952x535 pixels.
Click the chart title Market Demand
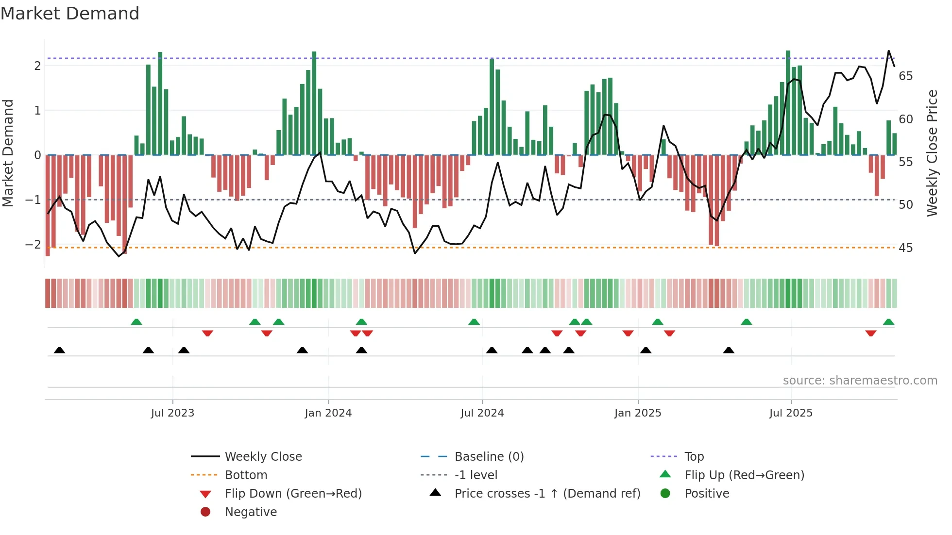pyautogui.click(x=70, y=14)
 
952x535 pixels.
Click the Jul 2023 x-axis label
pyautogui.click(x=172, y=413)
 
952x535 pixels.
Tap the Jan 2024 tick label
pyautogui.click(x=328, y=413)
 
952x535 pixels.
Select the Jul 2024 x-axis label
pyautogui.click(x=482, y=413)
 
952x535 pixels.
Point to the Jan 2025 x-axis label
pyautogui.click(x=637, y=413)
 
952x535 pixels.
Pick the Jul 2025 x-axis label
pyautogui.click(x=791, y=413)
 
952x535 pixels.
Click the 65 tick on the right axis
pyautogui.click(x=905, y=76)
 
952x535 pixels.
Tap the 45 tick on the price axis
pyautogui.click(x=905, y=248)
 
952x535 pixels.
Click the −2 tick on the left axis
pyautogui.click(x=34, y=244)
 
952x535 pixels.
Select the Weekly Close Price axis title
pyautogui.click(x=932, y=153)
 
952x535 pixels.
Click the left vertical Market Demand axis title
pyautogui.click(x=8, y=153)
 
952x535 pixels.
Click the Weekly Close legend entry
pyautogui.click(x=263, y=457)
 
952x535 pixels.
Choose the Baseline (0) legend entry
pyautogui.click(x=489, y=457)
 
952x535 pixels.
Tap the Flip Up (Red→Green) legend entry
pyautogui.click(x=744, y=475)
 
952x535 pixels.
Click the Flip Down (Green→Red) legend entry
pyautogui.click(x=293, y=494)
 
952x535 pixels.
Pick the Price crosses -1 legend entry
pyautogui.click(x=547, y=494)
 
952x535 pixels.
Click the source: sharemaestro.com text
pyautogui.click(x=860, y=381)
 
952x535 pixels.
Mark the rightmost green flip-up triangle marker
pyautogui.click(x=888, y=322)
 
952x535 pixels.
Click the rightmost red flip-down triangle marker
pyautogui.click(x=870, y=333)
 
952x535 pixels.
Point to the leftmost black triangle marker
pyautogui.click(x=59, y=350)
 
